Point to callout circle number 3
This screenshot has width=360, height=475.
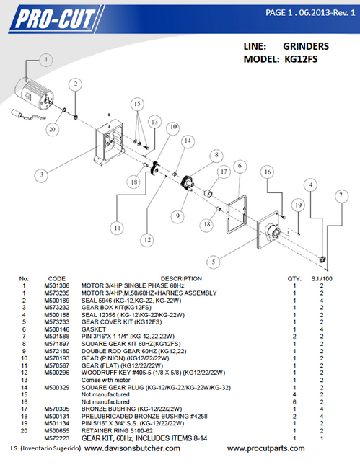[x=43, y=174]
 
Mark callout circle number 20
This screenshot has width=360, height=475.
[x=51, y=129]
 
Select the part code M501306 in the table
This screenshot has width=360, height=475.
[x=57, y=285]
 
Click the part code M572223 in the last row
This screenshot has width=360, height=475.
[x=57, y=438]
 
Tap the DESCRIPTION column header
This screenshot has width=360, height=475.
[x=161, y=278]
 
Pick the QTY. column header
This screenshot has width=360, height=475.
[x=294, y=278]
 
